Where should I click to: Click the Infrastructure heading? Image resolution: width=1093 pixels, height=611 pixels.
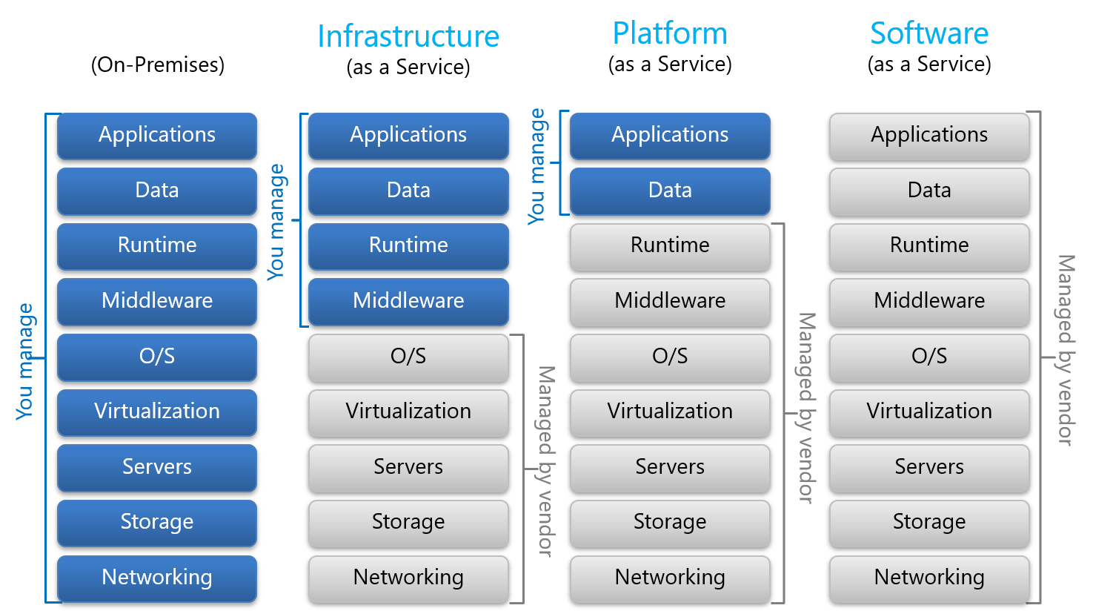(408, 36)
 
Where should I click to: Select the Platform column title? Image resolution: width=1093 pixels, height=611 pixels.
(670, 34)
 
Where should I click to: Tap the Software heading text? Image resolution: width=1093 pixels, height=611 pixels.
(929, 33)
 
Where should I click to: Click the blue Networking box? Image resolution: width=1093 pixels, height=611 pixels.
(157, 578)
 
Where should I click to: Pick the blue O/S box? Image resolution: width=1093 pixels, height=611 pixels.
(157, 357)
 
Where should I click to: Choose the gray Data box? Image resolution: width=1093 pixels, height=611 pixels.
(929, 191)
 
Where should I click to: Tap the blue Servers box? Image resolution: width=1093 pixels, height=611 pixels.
(157, 467)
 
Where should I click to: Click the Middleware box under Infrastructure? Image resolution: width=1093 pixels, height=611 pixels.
(408, 301)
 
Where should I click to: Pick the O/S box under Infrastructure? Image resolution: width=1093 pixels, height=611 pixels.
(408, 357)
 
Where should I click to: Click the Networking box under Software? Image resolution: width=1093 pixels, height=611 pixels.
(929, 578)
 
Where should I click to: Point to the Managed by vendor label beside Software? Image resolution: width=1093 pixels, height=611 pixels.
(1066, 350)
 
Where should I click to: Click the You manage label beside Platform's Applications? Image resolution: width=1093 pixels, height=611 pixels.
(536, 166)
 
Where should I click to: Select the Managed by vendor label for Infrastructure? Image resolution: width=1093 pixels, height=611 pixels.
(545, 461)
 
